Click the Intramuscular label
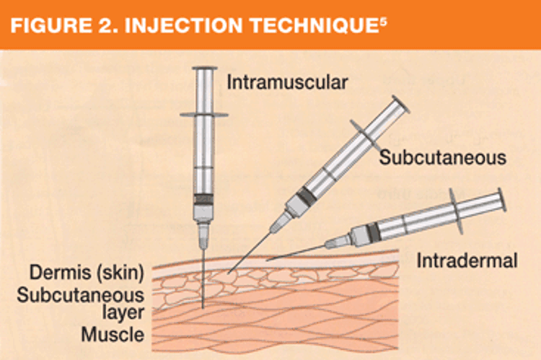click(287, 82)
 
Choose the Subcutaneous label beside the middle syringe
click(442, 156)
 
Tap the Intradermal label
click(467, 260)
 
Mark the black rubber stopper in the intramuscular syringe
click(205, 198)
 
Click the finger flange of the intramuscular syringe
click(204, 114)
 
